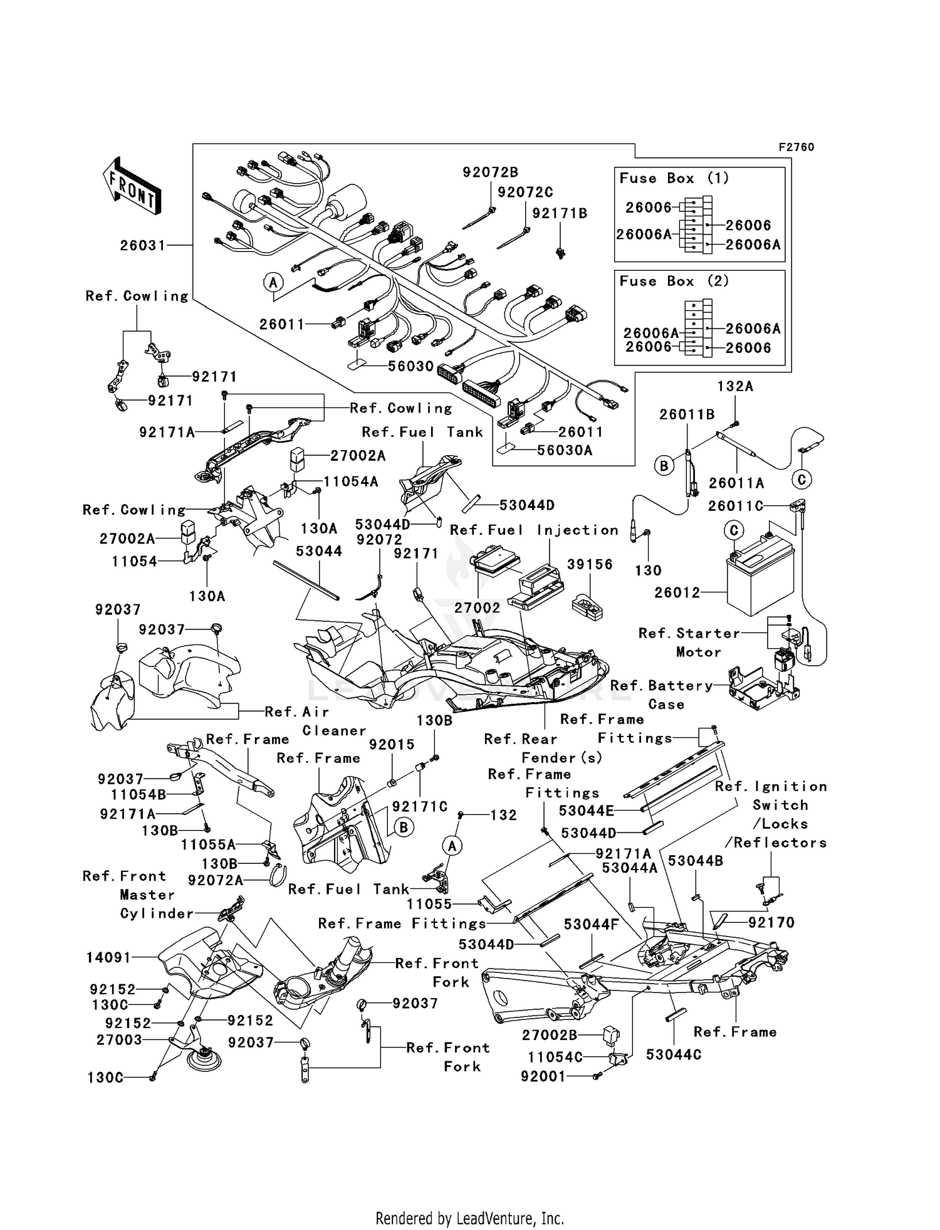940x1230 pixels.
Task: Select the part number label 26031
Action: pos(143,245)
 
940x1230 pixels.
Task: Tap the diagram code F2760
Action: pos(796,147)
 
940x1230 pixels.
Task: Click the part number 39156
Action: pos(589,564)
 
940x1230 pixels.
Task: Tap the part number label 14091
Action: pos(109,957)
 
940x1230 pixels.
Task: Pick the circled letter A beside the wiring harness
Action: pos(273,283)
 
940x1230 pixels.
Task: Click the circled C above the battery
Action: pos(734,530)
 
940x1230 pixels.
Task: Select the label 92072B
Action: pos(490,172)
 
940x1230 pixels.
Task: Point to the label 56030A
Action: pos(564,450)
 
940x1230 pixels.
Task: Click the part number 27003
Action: pos(119,1039)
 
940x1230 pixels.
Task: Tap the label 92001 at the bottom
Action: pos(543,1076)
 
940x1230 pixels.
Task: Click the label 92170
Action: pos(771,922)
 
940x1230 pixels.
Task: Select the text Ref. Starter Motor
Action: pos(689,642)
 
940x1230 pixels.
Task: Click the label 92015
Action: pos(392,744)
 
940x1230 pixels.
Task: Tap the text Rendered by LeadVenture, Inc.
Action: pos(469,1218)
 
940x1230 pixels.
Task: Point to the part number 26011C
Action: pos(736,505)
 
